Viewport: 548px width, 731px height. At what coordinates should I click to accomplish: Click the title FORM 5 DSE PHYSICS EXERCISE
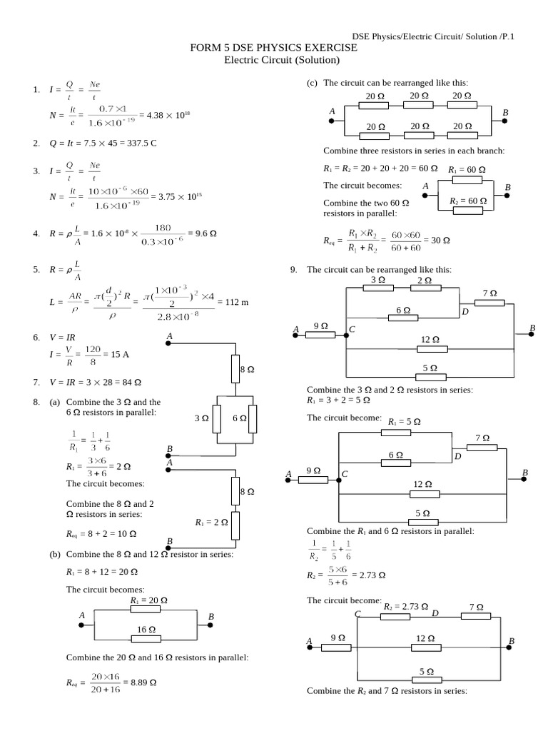(274, 48)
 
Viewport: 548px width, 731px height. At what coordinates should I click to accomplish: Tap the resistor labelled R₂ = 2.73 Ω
(405, 615)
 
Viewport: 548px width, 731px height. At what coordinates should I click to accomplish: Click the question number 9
(293, 270)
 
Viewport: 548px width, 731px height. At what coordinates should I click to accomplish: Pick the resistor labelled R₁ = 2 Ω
(236, 523)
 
